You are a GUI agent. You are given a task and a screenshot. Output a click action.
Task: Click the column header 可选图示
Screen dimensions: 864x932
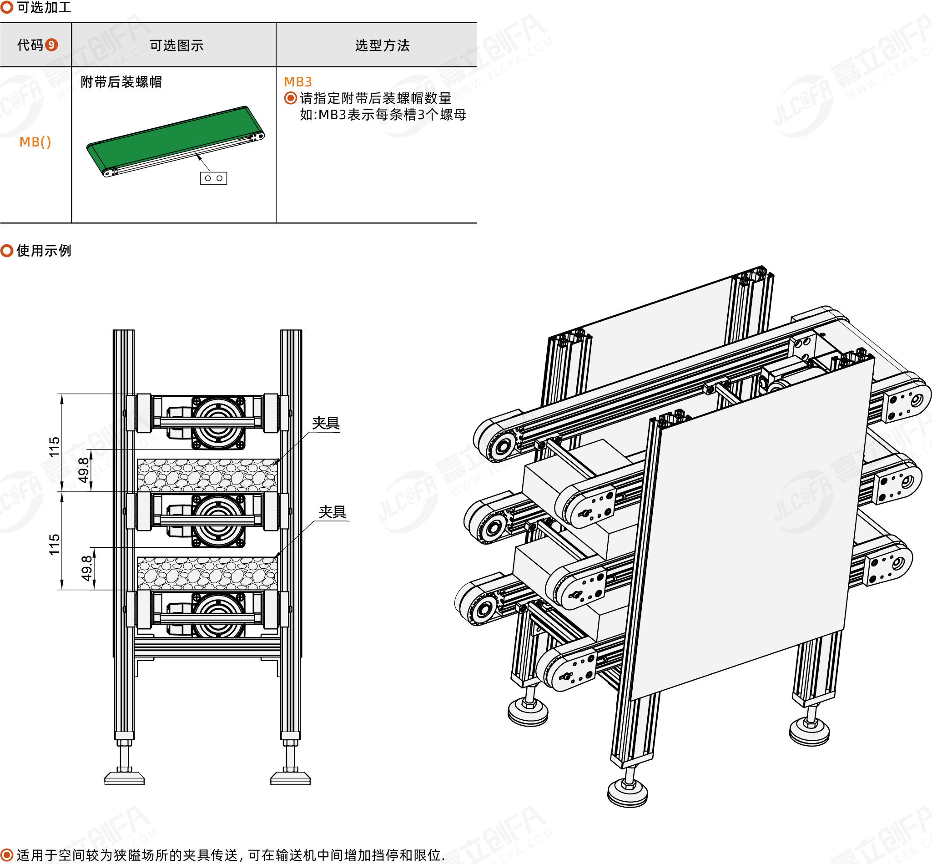[x=176, y=45]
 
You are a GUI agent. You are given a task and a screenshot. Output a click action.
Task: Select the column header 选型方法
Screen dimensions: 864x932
[x=382, y=45]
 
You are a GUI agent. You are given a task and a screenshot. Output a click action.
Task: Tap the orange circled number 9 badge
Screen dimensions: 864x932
[x=51, y=45]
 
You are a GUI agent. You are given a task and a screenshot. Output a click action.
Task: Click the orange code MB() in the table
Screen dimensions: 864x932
[x=35, y=141]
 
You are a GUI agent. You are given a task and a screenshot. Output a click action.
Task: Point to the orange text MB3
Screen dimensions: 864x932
[x=298, y=82]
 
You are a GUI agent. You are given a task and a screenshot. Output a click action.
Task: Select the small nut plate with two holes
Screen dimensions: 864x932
[x=214, y=178]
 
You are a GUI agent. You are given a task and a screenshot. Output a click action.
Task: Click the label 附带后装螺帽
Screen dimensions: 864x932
[x=121, y=82]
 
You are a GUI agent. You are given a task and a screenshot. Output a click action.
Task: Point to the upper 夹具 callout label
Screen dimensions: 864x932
[x=325, y=423]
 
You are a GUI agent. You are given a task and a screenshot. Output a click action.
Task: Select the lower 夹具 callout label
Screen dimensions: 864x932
[x=332, y=512]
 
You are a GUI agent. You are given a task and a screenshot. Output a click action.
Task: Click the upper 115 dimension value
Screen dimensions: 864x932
[x=55, y=446]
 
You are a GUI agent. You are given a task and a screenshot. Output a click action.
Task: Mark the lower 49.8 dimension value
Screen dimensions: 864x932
[x=86, y=568]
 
